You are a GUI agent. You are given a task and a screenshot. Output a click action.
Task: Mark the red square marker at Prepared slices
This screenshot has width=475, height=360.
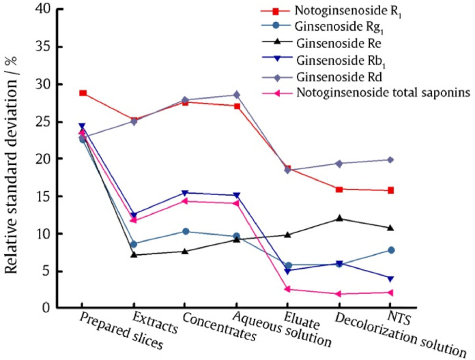pos(83,93)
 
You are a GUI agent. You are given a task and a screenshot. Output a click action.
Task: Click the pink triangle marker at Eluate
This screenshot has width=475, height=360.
pos(287,289)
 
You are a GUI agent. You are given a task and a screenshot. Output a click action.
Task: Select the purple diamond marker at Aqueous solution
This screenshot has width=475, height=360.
pos(236,95)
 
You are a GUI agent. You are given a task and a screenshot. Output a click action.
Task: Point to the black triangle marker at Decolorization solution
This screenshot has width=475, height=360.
pos(339,218)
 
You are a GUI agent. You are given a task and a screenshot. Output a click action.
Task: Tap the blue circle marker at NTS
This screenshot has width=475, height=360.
pos(390,250)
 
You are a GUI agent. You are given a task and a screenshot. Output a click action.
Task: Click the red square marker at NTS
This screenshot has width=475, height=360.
pos(390,190)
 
